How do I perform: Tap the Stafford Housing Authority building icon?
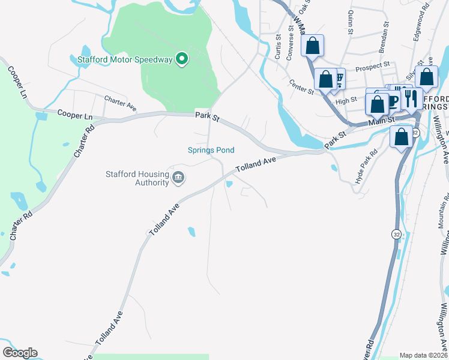(178, 177)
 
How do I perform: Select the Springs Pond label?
(211, 150)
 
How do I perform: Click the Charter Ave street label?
(120, 103)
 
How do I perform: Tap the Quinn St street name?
(348, 22)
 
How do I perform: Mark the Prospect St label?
(373, 66)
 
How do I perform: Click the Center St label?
(301, 88)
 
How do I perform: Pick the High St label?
(346, 101)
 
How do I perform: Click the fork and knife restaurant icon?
(411, 98)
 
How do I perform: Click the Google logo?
(20, 353)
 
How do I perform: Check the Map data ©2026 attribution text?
(423, 355)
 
